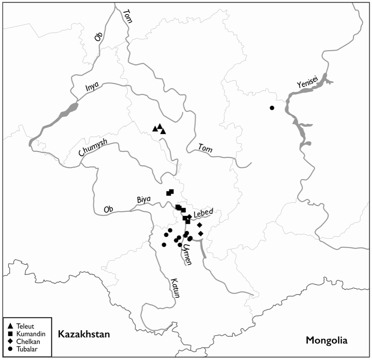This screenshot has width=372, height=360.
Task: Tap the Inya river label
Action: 92,88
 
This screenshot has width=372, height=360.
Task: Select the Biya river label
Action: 144,199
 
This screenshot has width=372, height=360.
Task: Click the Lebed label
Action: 203,213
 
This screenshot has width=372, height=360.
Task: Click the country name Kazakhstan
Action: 84,335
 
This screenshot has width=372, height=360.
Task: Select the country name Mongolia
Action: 327,340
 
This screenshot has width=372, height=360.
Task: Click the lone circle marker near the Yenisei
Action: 272,108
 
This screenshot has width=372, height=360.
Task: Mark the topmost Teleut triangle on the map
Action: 160,126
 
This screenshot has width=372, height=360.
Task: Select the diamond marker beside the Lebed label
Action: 189,217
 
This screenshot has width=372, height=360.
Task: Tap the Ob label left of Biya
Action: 109,209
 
